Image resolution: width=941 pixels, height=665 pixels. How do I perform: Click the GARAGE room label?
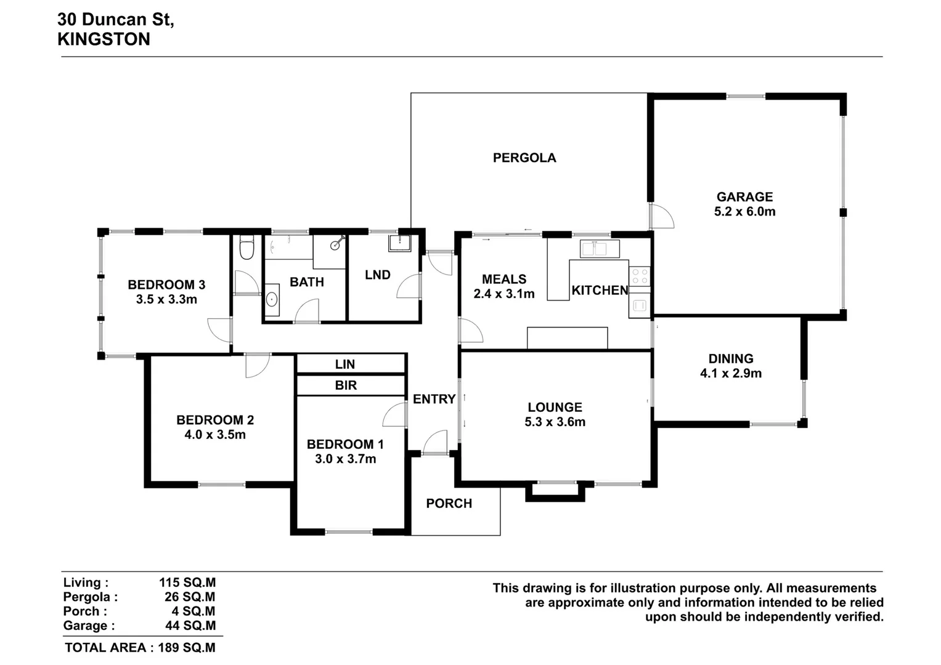pyautogui.click(x=744, y=197)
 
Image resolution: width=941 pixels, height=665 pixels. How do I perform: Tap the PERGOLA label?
pyautogui.click(x=524, y=158)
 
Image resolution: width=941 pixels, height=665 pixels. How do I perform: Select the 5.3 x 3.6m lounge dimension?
pyautogui.click(x=555, y=422)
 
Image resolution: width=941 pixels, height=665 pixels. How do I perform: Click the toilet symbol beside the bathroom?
pyautogui.click(x=246, y=248)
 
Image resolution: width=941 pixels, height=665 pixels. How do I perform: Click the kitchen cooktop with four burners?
pyautogui.click(x=640, y=276)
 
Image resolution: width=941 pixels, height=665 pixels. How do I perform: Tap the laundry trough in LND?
pyautogui.click(x=399, y=243)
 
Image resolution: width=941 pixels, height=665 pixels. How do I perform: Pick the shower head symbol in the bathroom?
pyautogui.click(x=335, y=244)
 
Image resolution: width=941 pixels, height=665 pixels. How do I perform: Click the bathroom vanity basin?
pyautogui.click(x=272, y=300)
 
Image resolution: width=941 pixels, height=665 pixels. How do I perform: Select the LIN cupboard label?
pyautogui.click(x=345, y=365)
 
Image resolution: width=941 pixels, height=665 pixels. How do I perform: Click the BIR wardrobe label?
pyautogui.click(x=346, y=385)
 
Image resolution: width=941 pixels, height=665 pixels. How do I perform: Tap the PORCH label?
pyautogui.click(x=449, y=504)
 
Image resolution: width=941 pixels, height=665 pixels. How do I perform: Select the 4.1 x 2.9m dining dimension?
pyautogui.click(x=730, y=374)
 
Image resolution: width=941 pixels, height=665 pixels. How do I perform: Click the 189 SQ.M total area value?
pyautogui.click(x=187, y=648)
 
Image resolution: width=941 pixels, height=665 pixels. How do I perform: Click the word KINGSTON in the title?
pyautogui.click(x=104, y=39)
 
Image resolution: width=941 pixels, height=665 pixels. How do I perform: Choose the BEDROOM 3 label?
pyautogui.click(x=166, y=285)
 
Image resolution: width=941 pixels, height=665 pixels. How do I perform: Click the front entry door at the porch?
pyautogui.click(x=435, y=443)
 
